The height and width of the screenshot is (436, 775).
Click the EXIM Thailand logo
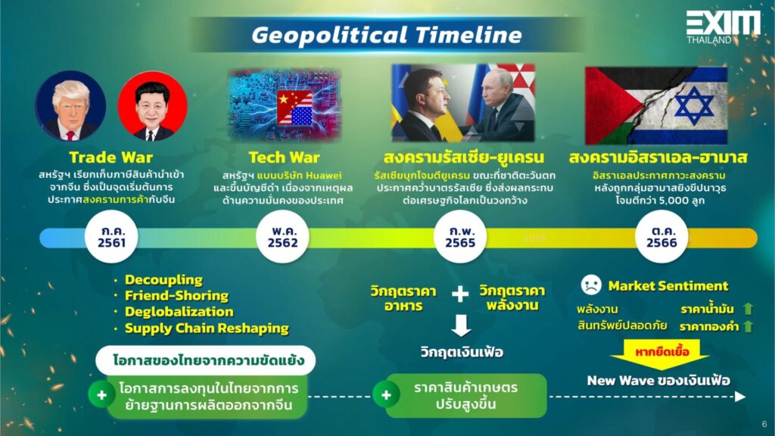point(723,28)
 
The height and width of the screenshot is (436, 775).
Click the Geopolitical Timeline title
point(387,35)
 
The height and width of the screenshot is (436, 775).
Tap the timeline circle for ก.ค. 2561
point(111,237)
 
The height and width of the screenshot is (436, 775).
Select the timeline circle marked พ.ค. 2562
point(283,237)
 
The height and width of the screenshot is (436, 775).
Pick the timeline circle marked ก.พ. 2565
point(460,237)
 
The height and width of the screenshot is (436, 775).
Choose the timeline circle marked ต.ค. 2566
point(661,237)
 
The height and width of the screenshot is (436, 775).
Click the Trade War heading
point(110,157)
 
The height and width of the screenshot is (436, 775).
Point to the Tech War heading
point(284,157)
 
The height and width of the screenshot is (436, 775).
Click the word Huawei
point(323,176)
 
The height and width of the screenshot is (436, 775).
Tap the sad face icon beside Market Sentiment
point(590,285)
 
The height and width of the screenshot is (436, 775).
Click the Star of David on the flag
point(694,106)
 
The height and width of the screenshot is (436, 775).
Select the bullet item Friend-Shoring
point(176,296)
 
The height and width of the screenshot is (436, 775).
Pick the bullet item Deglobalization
point(179,312)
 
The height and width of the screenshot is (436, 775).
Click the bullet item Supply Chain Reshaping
point(207,329)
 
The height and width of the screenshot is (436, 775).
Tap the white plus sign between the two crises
point(459,294)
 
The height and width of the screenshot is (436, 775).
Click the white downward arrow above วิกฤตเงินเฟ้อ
point(461,325)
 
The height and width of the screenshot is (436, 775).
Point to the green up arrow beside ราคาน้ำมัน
point(748,309)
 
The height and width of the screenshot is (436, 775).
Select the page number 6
point(764,424)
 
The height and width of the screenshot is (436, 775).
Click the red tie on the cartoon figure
point(70,135)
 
